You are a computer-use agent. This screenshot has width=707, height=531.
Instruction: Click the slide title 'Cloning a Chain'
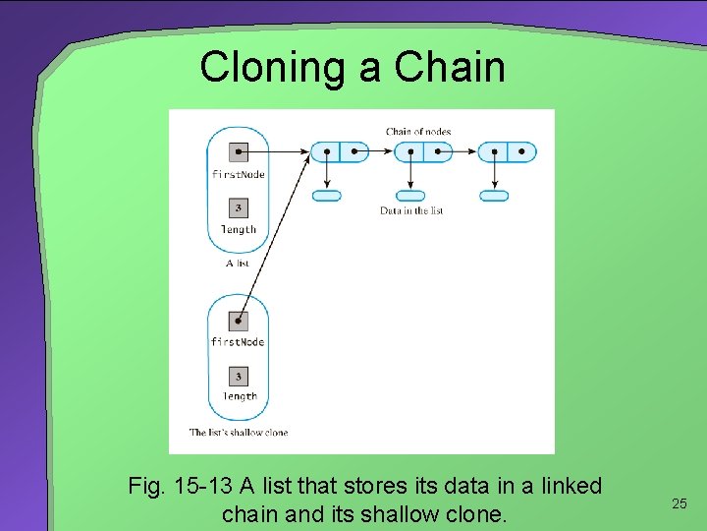(353, 67)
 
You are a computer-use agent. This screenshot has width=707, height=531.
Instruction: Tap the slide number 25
(679, 503)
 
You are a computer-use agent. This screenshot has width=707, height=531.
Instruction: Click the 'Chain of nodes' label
(418, 131)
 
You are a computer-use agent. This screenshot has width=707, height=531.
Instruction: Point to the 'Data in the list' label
(411, 210)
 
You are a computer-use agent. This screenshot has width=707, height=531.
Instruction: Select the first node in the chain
(340, 152)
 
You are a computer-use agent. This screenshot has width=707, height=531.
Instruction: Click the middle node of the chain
(423, 152)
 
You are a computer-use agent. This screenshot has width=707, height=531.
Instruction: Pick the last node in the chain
(507, 152)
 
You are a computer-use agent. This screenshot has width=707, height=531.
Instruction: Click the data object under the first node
(327, 196)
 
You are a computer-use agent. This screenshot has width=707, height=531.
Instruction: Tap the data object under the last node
(494, 196)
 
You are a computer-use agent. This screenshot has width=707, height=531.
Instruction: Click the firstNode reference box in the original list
(238, 152)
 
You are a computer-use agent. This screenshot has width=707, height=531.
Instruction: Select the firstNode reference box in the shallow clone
(238, 321)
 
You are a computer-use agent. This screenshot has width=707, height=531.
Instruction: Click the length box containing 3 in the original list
(238, 208)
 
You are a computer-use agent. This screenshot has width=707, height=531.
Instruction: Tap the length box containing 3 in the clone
(238, 377)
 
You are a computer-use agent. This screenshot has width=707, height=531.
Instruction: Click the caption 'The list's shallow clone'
(239, 432)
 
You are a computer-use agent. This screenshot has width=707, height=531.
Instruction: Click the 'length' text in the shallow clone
(239, 397)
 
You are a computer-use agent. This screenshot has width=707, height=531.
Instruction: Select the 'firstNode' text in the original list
(239, 174)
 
